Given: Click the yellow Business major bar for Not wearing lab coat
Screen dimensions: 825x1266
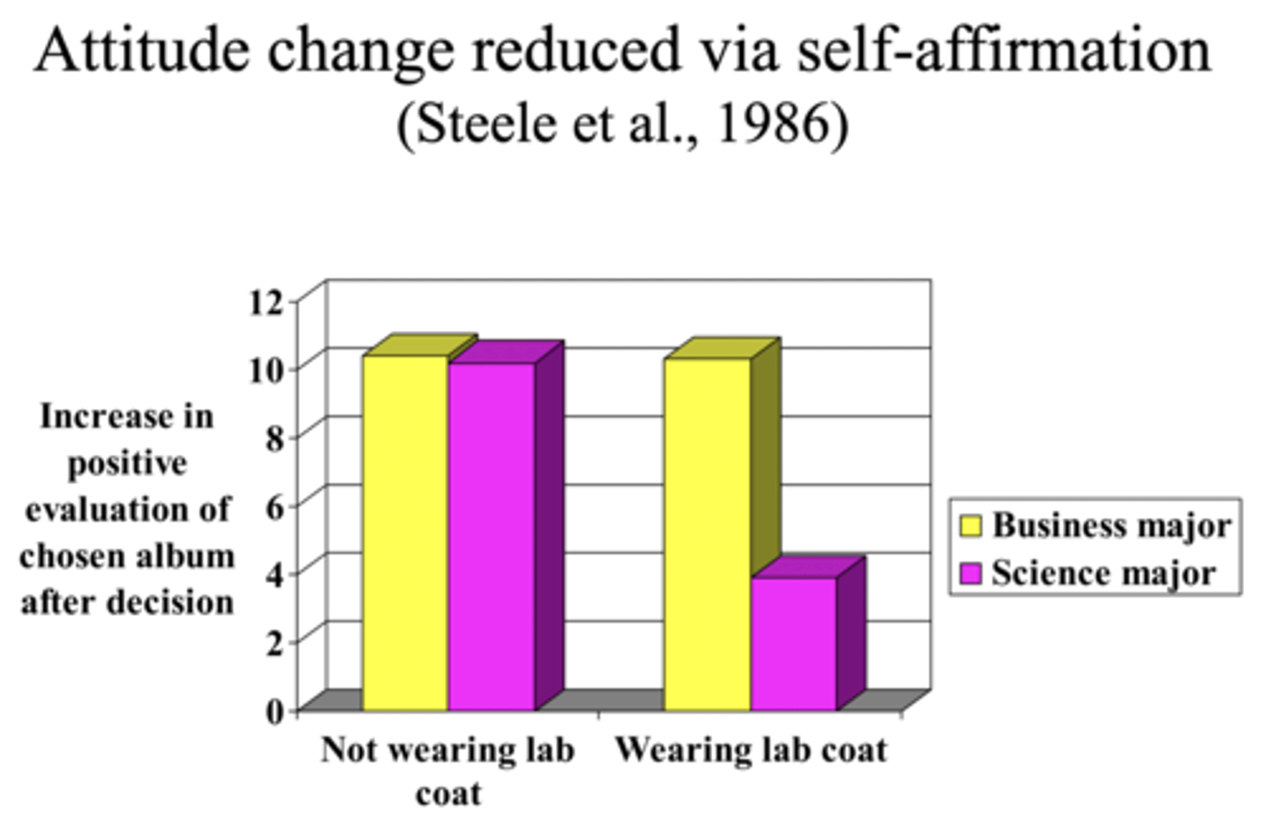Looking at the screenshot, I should pyautogui.click(x=405, y=532).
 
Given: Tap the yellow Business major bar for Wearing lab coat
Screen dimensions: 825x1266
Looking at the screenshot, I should pyautogui.click(x=707, y=534).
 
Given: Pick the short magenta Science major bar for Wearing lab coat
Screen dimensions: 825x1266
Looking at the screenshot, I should pyautogui.click(x=793, y=643).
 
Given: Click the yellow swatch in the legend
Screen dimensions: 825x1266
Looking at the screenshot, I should pyautogui.click(x=970, y=526).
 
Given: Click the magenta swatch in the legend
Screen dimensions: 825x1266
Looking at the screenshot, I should pyautogui.click(x=970, y=574).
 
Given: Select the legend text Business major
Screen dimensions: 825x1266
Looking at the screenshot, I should pyautogui.click(x=1111, y=525).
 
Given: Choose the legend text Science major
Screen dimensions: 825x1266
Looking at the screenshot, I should pyautogui.click(x=1103, y=573).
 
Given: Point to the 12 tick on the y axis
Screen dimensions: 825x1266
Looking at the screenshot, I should pyautogui.click(x=266, y=302).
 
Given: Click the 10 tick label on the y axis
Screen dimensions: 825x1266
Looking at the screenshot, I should pyautogui.click(x=266, y=369).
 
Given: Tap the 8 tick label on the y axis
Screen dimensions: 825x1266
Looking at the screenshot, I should pyautogui.click(x=274, y=437).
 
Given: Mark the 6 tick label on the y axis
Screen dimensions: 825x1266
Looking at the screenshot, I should pyautogui.click(x=274, y=505).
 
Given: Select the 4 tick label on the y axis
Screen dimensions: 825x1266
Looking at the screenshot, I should pyautogui.click(x=274, y=573).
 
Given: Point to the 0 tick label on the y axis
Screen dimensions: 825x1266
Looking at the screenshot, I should pyautogui.click(x=274, y=709).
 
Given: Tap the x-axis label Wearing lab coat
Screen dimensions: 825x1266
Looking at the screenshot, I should pyautogui.click(x=751, y=750).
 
